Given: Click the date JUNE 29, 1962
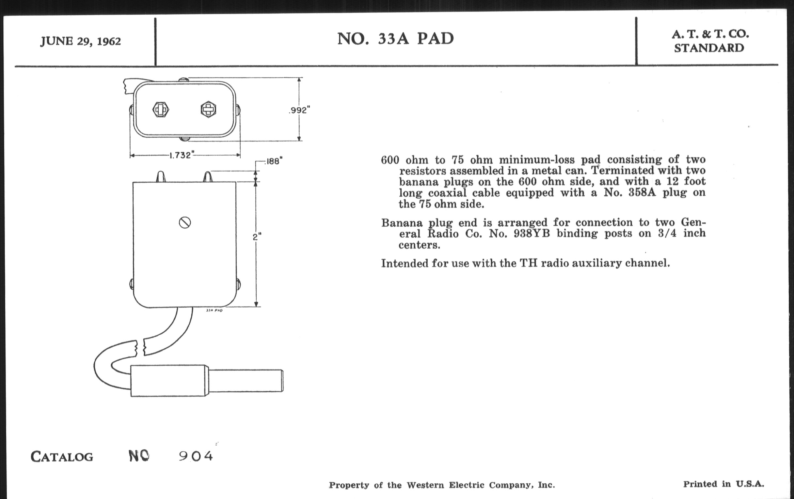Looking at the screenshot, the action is click(x=80, y=41).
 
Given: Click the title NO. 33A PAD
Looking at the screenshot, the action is click(x=395, y=39).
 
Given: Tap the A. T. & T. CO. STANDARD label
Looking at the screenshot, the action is click(x=710, y=41).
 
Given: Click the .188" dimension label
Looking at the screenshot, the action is click(x=274, y=161).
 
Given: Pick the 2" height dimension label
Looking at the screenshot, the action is click(x=257, y=236).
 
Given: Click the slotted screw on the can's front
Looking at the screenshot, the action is click(x=185, y=223).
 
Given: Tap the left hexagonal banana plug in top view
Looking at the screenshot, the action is click(x=161, y=109).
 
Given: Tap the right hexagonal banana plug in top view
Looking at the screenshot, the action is click(x=208, y=109).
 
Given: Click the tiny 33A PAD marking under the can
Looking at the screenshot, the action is click(x=214, y=310).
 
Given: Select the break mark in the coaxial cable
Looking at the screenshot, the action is click(x=140, y=348).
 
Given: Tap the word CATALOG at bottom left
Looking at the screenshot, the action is click(x=62, y=457).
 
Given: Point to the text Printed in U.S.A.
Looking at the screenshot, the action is click(x=723, y=484).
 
